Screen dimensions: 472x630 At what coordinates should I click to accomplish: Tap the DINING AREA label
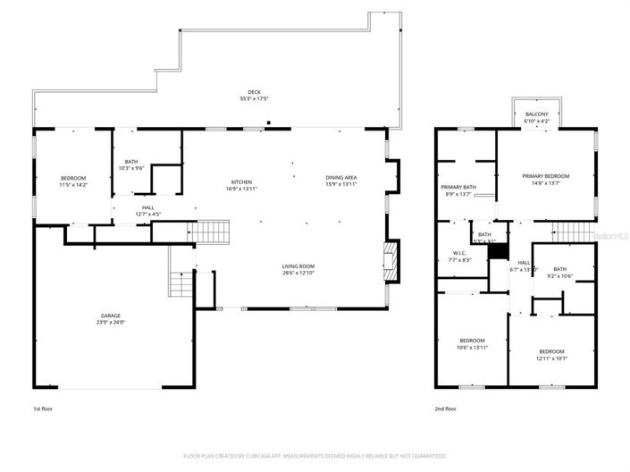pos(340,181)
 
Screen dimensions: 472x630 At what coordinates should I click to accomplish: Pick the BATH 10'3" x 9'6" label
pos(131,164)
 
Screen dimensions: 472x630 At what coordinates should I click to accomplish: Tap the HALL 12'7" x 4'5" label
pos(147,210)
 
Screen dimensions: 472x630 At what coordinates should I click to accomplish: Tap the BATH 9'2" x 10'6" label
pos(559,273)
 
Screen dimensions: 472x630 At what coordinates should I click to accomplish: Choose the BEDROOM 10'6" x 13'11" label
pos(472,343)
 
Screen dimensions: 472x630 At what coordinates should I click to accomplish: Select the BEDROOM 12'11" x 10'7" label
pos(550,355)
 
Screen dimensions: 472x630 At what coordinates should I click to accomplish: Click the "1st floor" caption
pos(42,409)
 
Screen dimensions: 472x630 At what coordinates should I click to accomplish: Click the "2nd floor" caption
pos(445,409)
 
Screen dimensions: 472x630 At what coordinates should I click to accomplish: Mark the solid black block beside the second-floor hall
pos(498,253)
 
